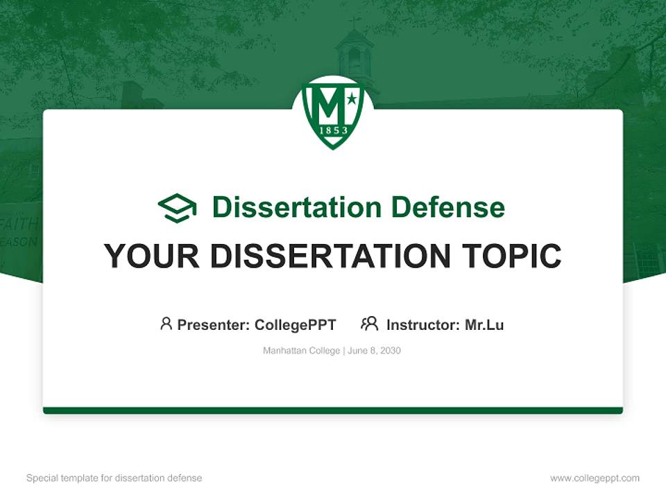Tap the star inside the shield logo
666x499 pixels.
click(352, 100)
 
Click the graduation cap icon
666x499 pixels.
click(177, 208)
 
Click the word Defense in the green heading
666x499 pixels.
click(447, 207)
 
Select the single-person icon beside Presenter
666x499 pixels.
click(166, 324)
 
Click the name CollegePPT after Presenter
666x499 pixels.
click(296, 325)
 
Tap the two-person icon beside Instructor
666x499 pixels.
click(370, 324)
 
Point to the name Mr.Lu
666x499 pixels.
click(484, 325)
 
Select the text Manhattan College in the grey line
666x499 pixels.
click(301, 351)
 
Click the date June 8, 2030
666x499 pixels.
click(375, 351)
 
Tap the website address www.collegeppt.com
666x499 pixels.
click(595, 478)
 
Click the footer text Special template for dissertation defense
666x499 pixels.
click(114, 478)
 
